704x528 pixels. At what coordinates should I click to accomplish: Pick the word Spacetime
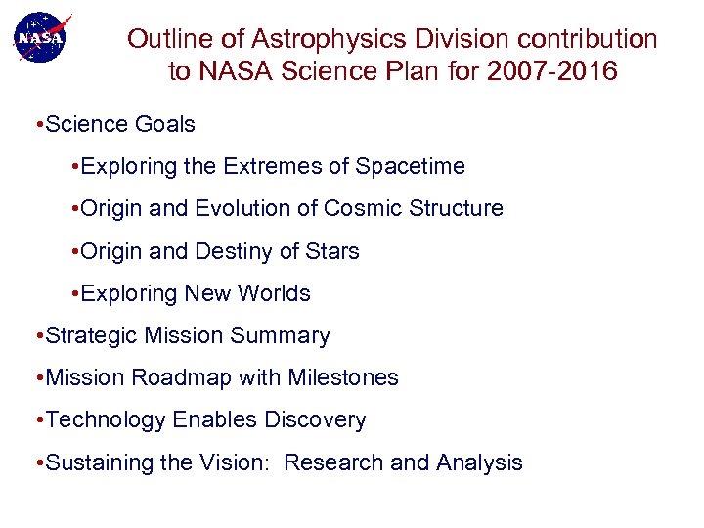[x=411, y=167]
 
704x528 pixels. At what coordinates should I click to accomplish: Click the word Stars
[x=332, y=251]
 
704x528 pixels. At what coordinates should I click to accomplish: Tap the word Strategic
[x=92, y=335]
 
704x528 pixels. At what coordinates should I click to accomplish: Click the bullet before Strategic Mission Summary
[x=36, y=336]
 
